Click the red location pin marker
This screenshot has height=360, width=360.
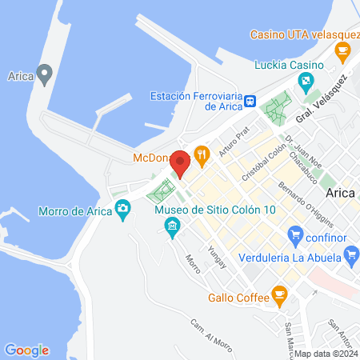(x=181, y=162)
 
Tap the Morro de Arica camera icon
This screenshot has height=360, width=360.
(x=122, y=210)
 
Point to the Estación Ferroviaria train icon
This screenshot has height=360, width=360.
(x=251, y=101)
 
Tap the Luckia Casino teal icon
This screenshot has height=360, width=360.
(x=306, y=82)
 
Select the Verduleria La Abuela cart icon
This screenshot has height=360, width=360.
(x=350, y=256)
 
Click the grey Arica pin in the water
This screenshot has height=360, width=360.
(x=46, y=75)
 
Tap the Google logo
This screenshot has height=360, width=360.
(x=26, y=350)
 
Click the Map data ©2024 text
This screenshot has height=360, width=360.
(x=325, y=353)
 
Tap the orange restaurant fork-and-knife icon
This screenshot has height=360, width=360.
(x=202, y=153)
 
